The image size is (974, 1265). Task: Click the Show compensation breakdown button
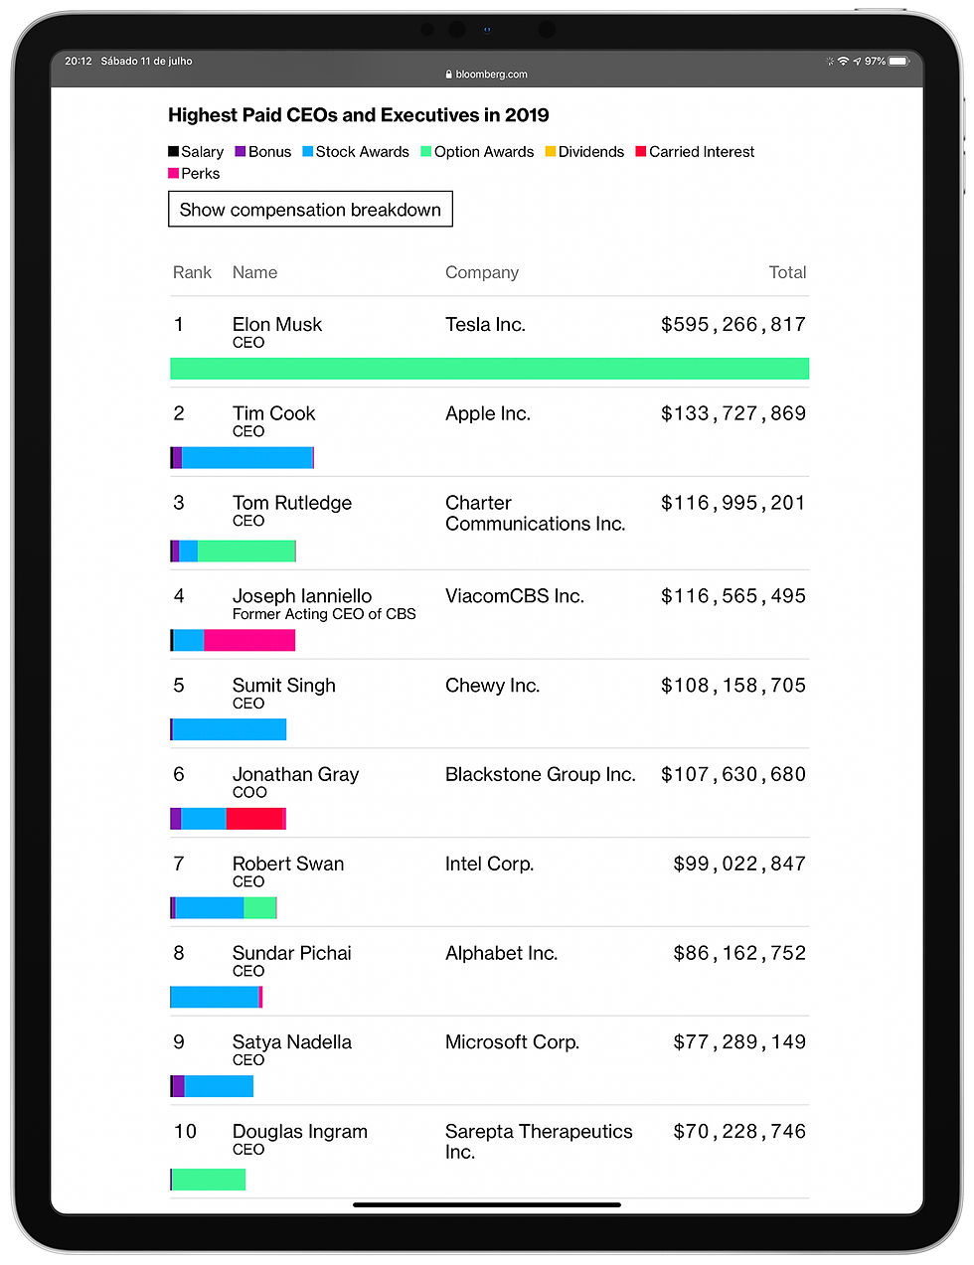click(310, 210)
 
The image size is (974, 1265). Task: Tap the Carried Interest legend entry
click(695, 152)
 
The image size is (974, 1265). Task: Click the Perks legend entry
click(195, 174)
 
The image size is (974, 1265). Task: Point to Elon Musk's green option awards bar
click(489, 369)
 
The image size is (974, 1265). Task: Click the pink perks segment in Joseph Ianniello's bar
click(249, 640)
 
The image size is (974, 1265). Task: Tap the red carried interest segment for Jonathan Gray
click(254, 819)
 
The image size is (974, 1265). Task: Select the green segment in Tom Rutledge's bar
click(246, 551)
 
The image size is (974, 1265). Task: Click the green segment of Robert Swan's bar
click(259, 907)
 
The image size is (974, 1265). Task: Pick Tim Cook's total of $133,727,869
click(732, 413)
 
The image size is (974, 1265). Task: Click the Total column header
click(787, 272)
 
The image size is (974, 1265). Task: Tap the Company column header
click(482, 272)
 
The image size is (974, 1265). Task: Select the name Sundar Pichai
click(292, 953)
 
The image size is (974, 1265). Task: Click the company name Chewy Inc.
click(492, 686)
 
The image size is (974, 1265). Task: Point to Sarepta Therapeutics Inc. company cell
click(538, 1141)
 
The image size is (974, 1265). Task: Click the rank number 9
click(179, 1042)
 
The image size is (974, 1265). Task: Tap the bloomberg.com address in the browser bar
click(487, 75)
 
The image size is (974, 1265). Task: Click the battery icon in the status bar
click(898, 62)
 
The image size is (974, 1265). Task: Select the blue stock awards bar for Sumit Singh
click(230, 729)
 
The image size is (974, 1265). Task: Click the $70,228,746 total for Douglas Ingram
click(739, 1132)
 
